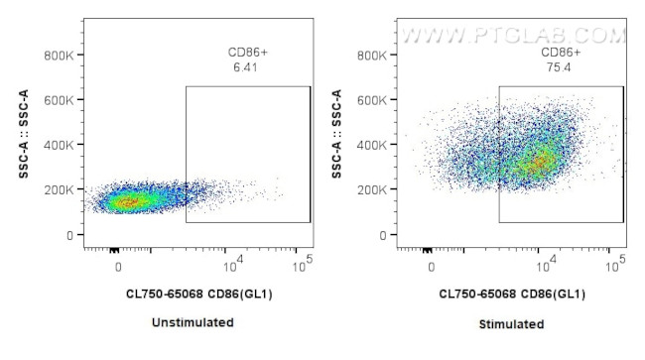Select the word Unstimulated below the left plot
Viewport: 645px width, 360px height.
pos(193,322)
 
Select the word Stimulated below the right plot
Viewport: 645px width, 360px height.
pos(511,324)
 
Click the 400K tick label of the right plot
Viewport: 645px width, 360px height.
pos(373,145)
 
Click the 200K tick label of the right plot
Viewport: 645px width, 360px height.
pos(373,189)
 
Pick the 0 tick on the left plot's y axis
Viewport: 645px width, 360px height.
pos(67,235)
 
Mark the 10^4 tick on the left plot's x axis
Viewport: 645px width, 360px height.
pos(228,266)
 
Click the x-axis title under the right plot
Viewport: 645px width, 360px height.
pos(511,295)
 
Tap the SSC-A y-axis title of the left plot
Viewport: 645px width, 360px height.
pos(23,134)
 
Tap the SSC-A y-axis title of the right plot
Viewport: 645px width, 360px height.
pos(336,134)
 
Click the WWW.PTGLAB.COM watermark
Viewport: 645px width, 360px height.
pos(511,36)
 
